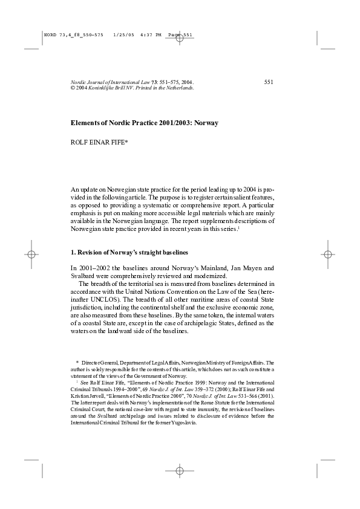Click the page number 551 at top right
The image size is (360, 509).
[269, 82]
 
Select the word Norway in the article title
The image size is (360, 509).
[206, 123]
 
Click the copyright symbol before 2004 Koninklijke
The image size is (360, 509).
[73, 88]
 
